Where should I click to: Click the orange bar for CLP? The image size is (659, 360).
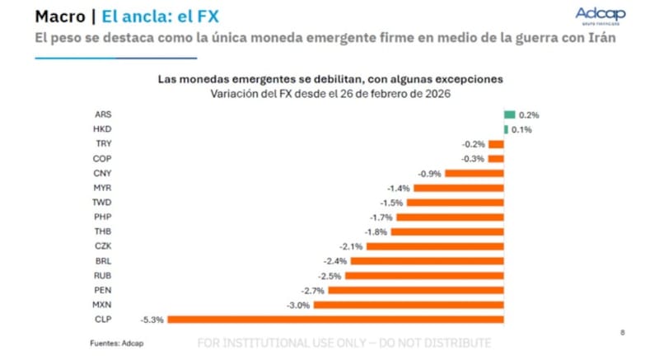point(335,319)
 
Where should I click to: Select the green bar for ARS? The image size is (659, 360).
point(509,115)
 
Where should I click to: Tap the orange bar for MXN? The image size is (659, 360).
point(409,305)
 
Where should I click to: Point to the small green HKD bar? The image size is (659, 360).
point(506,130)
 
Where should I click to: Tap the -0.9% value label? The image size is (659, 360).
point(429,174)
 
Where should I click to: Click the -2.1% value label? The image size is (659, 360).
point(350,246)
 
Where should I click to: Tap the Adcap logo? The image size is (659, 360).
point(601,16)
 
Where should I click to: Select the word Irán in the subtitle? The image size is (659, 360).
point(601,39)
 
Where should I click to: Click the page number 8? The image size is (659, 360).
point(621,331)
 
